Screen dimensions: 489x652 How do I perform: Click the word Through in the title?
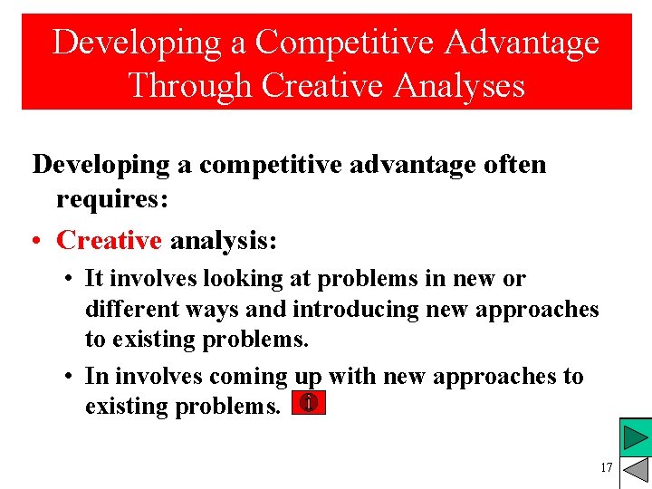[x=190, y=85]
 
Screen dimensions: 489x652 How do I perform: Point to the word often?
[x=514, y=165]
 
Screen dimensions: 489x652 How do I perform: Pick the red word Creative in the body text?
[x=109, y=240]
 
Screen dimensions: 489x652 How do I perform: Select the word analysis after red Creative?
[x=224, y=240]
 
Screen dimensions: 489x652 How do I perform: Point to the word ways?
[x=219, y=310]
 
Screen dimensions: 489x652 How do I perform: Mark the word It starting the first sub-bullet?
[x=94, y=279]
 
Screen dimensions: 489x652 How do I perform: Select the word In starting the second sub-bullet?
[x=95, y=376]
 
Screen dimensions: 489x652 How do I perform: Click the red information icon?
[x=309, y=404]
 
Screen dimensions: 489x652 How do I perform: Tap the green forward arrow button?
[x=637, y=438]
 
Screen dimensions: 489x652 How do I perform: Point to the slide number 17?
[x=606, y=468]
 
